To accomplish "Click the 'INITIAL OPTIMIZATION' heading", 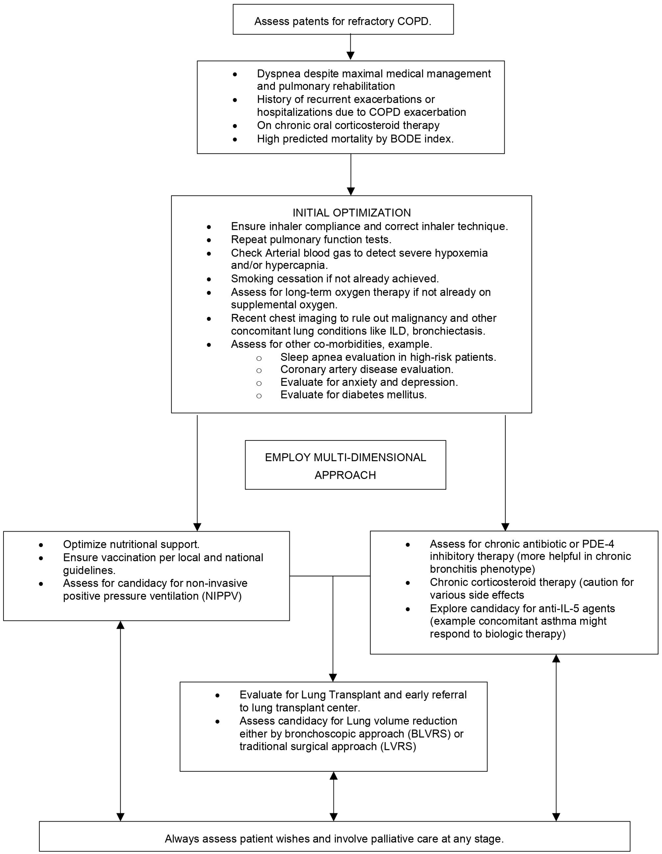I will [x=352, y=213].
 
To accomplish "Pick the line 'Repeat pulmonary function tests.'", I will [x=311, y=239].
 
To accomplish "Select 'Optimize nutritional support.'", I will [x=131, y=544].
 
